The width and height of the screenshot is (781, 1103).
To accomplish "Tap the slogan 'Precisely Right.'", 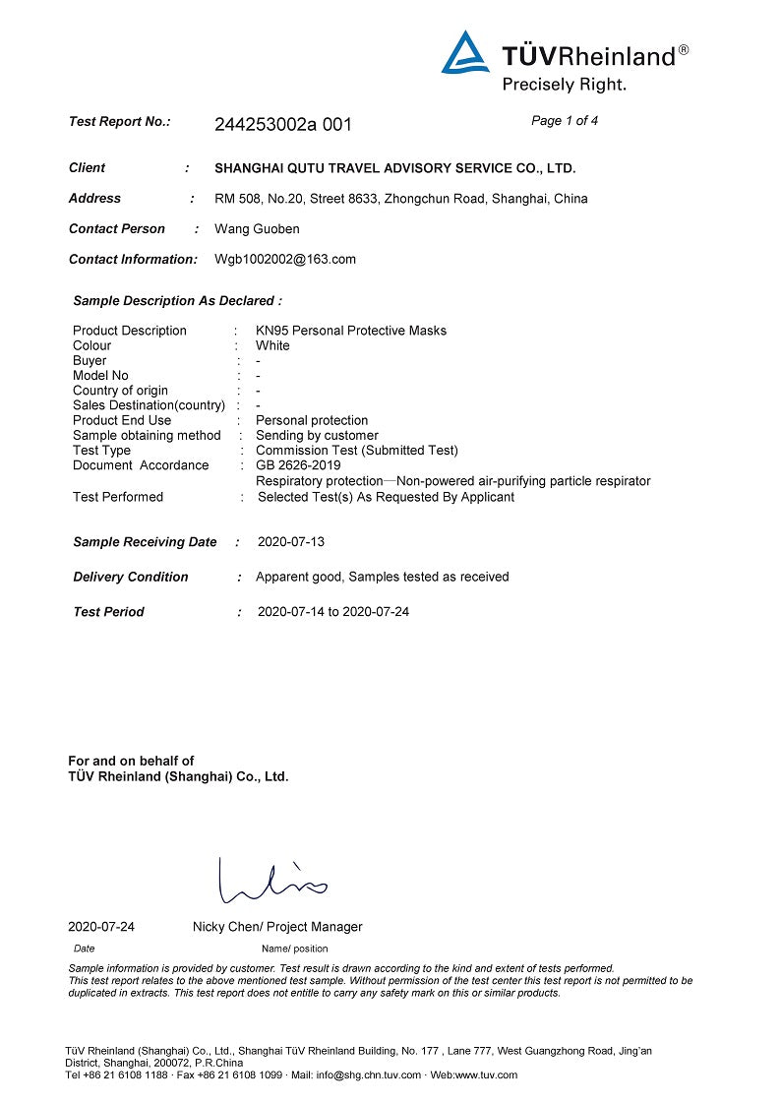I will click(x=564, y=85).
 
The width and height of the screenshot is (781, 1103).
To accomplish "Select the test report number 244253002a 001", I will click(x=282, y=125).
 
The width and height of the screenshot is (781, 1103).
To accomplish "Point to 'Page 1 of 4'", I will click(x=565, y=121).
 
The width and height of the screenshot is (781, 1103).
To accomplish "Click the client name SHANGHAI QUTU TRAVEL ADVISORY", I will click(x=394, y=168).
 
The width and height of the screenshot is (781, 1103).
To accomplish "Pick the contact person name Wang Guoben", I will click(x=257, y=229).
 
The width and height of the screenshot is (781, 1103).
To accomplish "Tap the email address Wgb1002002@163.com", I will click(x=285, y=260).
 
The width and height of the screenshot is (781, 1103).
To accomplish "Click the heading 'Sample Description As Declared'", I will click(x=177, y=301).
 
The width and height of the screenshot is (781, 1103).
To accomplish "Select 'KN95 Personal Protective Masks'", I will click(x=351, y=331).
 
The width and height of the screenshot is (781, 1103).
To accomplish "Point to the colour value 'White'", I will click(x=272, y=346).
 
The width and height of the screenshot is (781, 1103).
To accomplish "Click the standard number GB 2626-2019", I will click(x=298, y=465).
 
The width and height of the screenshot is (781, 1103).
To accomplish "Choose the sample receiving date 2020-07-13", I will click(x=291, y=542).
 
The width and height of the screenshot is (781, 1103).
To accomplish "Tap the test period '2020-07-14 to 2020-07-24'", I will click(x=333, y=612).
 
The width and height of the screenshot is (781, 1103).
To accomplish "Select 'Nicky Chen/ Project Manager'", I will click(x=277, y=927).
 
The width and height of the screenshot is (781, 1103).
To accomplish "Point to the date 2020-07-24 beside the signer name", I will click(x=101, y=927).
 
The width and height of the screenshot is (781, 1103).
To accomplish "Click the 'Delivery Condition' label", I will click(x=130, y=578).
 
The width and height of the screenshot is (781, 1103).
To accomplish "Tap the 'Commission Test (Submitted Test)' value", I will click(x=357, y=451).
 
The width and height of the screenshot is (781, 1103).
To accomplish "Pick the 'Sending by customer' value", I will click(x=317, y=435).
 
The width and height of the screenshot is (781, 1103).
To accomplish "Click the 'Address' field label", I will click(x=94, y=199).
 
